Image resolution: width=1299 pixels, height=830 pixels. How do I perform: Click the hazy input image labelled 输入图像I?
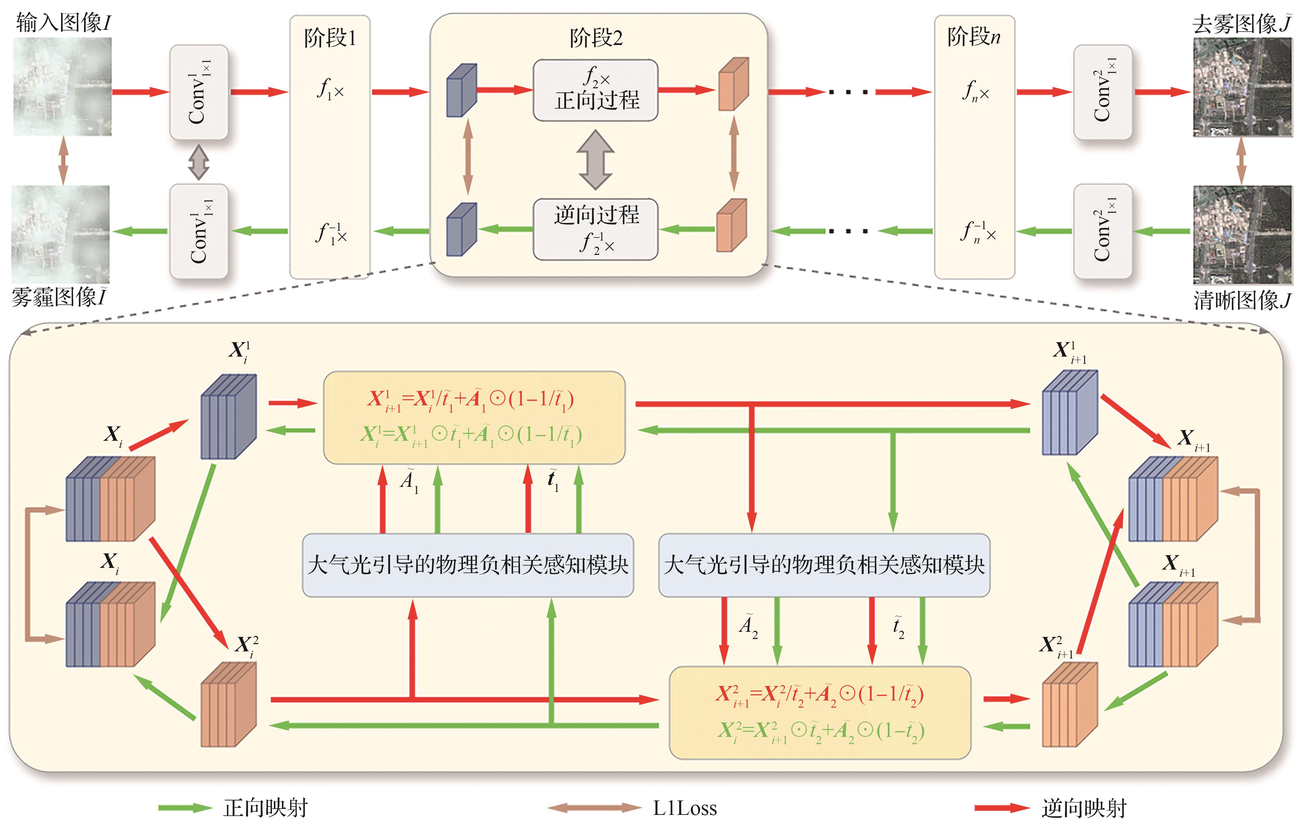point(62,86)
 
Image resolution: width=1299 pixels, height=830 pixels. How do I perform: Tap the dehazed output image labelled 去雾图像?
point(1242,87)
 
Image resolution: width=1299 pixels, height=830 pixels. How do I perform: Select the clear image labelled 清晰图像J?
point(1242,235)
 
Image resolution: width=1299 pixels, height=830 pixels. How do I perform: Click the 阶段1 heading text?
point(330,38)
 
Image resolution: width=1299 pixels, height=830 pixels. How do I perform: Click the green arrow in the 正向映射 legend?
point(185,807)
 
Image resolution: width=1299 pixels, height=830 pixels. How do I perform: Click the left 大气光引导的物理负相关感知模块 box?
point(468,565)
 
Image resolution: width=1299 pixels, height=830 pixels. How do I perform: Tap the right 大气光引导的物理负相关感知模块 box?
point(824,565)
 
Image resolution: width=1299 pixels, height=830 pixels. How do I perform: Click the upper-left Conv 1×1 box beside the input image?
point(199,92)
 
